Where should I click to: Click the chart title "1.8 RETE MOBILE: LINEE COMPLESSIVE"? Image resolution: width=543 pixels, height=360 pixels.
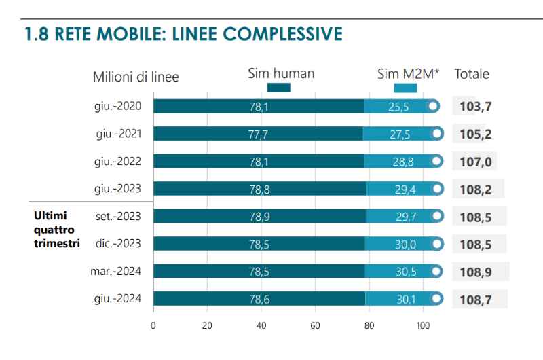point(183,33)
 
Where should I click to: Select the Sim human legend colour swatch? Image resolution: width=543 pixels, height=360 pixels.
point(279,88)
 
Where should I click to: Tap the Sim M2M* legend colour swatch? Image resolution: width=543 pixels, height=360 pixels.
point(405,88)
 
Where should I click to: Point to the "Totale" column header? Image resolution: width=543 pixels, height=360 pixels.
point(472,74)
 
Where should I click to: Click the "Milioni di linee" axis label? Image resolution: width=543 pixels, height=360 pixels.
point(136,77)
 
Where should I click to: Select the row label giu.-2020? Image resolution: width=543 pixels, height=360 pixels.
point(118,106)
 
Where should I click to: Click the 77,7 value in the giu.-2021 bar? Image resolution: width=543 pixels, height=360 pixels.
point(258,134)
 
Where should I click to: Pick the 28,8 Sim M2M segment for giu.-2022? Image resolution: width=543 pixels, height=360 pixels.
point(398,162)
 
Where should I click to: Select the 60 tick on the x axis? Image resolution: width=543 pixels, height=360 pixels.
point(315,325)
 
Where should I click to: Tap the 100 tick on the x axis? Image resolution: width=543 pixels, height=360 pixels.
point(423,325)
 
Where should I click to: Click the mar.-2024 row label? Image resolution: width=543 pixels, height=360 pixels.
point(117,272)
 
